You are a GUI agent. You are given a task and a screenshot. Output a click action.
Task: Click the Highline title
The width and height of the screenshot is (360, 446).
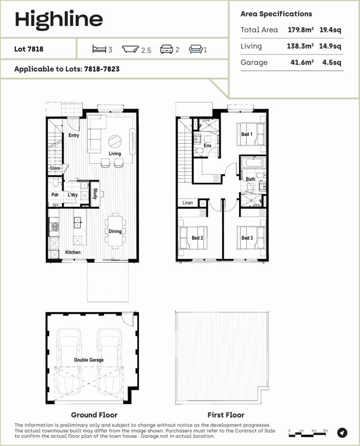59,19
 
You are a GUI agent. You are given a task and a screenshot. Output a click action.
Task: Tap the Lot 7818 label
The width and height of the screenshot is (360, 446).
29,49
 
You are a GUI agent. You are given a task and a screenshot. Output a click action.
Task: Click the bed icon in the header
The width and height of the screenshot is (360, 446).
99,49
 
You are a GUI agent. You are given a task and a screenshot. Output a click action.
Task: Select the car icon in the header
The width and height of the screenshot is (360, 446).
167,49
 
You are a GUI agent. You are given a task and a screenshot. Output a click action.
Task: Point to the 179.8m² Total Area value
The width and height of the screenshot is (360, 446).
301,30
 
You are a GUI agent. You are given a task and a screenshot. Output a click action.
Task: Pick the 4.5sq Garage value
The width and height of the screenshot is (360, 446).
331,62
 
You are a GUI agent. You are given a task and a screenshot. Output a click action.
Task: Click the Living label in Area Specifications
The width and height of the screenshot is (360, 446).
251,46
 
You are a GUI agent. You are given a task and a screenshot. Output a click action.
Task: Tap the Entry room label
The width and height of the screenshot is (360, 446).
74,135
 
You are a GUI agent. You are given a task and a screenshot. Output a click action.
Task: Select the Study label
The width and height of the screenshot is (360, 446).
95,193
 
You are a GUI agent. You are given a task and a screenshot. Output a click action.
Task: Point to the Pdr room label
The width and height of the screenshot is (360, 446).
55,195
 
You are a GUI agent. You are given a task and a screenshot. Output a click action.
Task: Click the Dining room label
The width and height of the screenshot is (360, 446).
115,231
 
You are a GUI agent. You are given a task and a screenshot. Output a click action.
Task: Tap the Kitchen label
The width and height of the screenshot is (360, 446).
73,252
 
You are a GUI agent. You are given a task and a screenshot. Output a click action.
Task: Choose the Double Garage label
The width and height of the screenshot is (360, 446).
89,360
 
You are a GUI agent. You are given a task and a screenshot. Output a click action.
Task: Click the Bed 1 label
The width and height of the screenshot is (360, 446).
247,135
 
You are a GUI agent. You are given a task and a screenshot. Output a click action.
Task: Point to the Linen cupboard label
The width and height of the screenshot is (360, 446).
187,203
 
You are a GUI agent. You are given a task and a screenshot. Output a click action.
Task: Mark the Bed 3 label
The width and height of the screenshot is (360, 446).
247,238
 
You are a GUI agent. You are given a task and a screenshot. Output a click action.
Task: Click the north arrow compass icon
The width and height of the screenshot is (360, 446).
343,432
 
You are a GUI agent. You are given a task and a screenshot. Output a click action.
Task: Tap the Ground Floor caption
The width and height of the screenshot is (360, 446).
94,415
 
